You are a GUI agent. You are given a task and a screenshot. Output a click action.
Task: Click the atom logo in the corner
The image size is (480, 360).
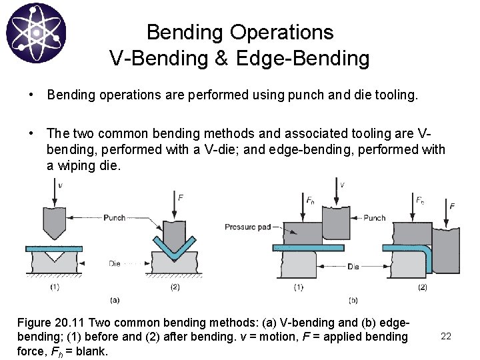click(x=35, y=31)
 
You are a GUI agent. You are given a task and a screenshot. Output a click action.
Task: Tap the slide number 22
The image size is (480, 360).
click(x=446, y=336)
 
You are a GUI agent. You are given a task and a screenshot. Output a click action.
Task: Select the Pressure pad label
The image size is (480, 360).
click(x=247, y=227)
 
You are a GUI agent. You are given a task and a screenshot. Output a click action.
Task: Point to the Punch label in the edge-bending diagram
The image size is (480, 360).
click(x=375, y=217)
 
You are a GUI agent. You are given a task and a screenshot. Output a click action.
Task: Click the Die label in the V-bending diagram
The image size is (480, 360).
click(x=115, y=263)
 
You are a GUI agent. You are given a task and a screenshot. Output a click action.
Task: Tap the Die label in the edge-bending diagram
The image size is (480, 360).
click(x=353, y=267)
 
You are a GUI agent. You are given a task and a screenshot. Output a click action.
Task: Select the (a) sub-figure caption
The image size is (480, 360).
click(x=114, y=299)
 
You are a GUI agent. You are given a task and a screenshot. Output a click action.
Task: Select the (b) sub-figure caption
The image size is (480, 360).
click(x=353, y=299)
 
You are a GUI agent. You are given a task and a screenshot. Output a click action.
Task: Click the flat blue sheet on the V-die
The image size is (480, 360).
click(x=60, y=247)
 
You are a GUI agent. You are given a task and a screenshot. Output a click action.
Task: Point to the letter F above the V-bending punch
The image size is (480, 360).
click(x=181, y=197)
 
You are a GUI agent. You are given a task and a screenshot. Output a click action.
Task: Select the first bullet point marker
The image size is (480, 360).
click(x=32, y=95)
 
